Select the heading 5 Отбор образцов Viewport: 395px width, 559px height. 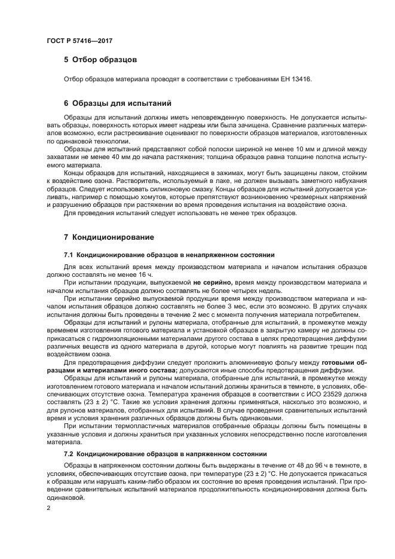(x=100, y=60)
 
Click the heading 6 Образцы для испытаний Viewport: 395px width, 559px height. (x=118, y=103)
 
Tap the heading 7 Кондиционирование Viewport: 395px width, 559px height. (x=109, y=237)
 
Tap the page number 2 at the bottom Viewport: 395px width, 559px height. (x=48, y=508)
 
